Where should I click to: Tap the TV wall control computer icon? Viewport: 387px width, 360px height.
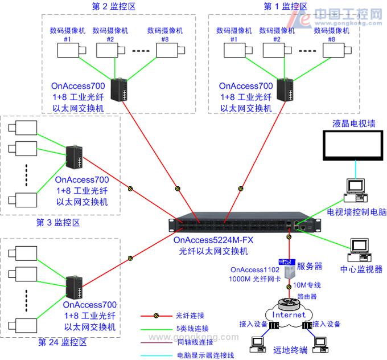[x=355, y=191]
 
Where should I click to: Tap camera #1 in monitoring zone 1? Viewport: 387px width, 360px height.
[x=234, y=51]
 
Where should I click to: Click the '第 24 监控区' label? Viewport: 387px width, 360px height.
[x=62, y=342]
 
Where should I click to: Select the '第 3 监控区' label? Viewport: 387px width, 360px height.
[x=60, y=220]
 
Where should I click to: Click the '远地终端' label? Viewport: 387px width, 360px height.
[x=289, y=350]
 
